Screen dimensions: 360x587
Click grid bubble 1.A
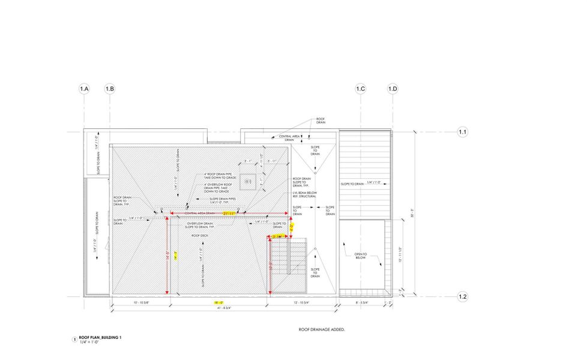point(84,89)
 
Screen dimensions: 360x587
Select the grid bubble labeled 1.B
point(109,89)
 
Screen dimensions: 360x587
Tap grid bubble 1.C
point(360,89)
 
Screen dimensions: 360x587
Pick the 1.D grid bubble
point(393,89)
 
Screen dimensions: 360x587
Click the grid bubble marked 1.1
point(463,131)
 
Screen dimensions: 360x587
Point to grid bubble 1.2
point(463,296)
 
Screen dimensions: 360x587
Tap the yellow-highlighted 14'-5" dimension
point(176,254)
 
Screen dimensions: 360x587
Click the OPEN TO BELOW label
point(360,256)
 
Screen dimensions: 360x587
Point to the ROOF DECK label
point(200,236)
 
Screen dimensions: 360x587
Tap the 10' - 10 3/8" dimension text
point(139,303)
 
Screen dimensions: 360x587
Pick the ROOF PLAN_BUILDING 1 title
point(100,337)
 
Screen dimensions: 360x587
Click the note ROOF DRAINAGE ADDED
point(322,329)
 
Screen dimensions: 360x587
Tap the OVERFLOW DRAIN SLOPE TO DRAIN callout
point(200,225)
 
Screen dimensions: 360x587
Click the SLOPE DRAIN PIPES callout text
point(223,199)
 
